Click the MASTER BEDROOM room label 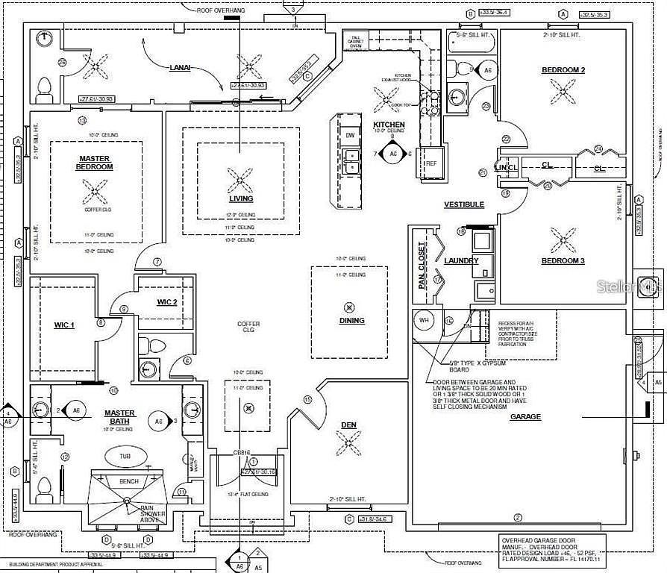(x=95, y=163)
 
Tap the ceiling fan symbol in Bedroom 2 (x=563, y=91)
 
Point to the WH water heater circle (x=424, y=321)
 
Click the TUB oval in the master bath (x=125, y=456)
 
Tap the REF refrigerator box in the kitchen (x=430, y=163)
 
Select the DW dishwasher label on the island (x=350, y=135)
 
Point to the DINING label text (x=351, y=321)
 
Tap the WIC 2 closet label (x=166, y=301)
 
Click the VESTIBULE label (x=464, y=204)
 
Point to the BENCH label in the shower (x=129, y=482)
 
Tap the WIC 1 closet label (x=64, y=325)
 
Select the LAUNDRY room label (x=460, y=261)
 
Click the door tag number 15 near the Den (x=307, y=400)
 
